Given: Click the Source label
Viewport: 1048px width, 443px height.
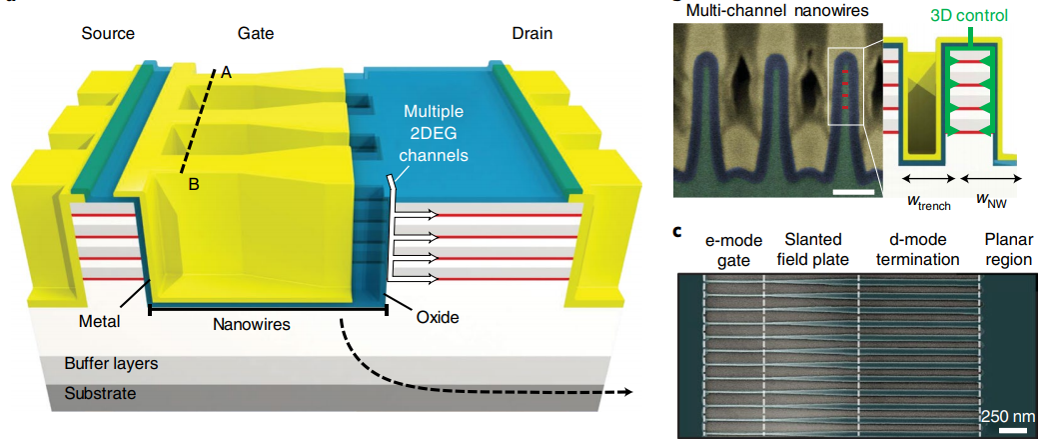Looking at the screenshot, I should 107,33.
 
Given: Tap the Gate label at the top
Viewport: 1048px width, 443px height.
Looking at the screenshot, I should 255,33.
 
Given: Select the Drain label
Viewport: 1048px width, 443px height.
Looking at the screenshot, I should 531,33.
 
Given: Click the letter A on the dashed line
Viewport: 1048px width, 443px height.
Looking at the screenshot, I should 227,72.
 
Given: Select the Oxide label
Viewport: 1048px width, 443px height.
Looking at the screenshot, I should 436,318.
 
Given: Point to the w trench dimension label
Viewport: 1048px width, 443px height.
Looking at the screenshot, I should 927,201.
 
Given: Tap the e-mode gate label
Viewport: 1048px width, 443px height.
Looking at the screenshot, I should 734,250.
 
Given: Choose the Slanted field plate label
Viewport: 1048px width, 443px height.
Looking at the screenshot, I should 813,250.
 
